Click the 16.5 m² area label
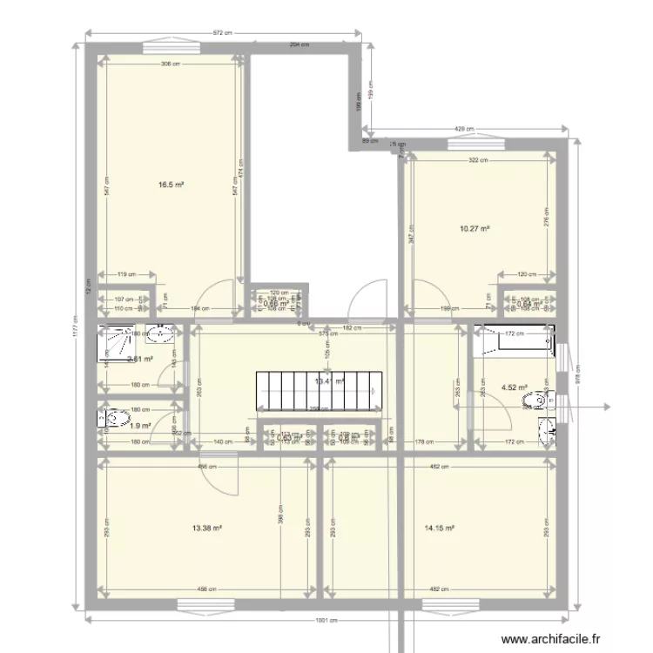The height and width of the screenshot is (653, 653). point(170,185)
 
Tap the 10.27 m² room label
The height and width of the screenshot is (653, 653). point(475,229)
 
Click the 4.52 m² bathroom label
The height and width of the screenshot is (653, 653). point(514,388)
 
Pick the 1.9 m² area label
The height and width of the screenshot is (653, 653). point(140,425)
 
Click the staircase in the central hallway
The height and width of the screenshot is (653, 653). point(318,389)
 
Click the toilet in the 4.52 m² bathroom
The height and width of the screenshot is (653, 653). point(536,401)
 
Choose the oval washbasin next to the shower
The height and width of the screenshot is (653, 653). point(160,331)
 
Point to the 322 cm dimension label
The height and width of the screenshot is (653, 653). point(476,160)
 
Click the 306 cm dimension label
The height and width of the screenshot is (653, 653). point(171,64)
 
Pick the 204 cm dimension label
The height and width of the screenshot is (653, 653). point(300,44)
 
